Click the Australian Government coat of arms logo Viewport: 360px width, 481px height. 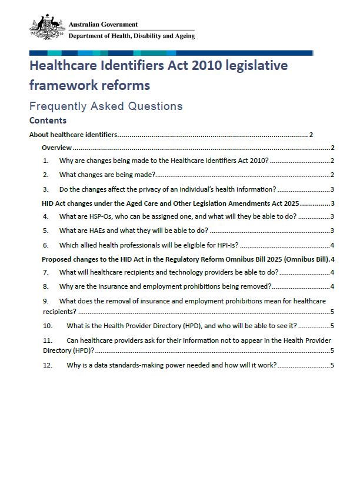pyautogui.click(x=48, y=28)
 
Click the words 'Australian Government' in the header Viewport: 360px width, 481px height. pyautogui.click(x=103, y=25)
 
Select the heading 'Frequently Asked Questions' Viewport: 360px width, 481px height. pyautogui.click(x=106, y=106)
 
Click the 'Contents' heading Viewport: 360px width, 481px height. pyautogui.click(x=48, y=121)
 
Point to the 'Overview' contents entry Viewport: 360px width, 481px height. pyautogui.click(x=56, y=148)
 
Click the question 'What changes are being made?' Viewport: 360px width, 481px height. pyautogui.click(x=107, y=175)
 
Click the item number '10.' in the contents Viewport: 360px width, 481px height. pyautogui.click(x=48, y=326)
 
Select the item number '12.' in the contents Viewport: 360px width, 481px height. pyautogui.click(x=48, y=365)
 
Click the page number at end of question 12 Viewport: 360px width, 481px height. pyautogui.click(x=332, y=365)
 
